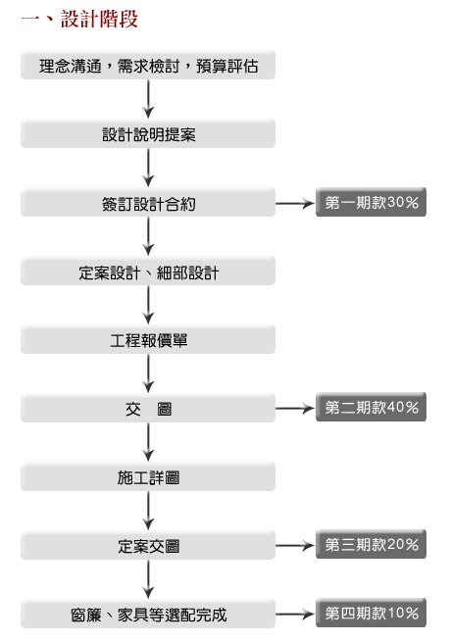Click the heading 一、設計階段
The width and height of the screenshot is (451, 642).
point(79,20)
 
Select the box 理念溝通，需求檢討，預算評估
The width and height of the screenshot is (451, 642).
point(148,65)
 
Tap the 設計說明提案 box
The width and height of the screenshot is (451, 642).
point(148,134)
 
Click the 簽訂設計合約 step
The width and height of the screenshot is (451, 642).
point(148,203)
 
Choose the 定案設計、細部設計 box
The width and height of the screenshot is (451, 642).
point(148,272)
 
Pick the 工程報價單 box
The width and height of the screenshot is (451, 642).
point(148,340)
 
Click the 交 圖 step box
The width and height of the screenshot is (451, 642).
point(148,408)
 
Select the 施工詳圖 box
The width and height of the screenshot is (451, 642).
point(148,477)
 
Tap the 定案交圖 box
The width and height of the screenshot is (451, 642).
point(148,546)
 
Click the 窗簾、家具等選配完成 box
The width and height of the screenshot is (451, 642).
point(148,615)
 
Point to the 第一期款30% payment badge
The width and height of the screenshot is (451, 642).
point(372,202)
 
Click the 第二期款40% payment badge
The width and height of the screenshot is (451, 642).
point(372,407)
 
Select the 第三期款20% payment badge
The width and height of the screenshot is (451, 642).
point(372,544)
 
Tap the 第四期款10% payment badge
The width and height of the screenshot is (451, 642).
point(372,613)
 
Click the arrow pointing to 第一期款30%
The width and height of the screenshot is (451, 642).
point(295,203)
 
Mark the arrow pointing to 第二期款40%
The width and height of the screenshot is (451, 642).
point(295,408)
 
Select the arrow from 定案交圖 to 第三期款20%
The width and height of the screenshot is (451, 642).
point(295,545)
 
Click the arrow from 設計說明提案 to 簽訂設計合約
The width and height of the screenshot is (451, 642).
point(148,168)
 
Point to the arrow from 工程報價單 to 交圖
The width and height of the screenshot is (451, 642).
point(148,373)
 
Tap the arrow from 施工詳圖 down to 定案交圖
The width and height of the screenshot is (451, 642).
point(148,511)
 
